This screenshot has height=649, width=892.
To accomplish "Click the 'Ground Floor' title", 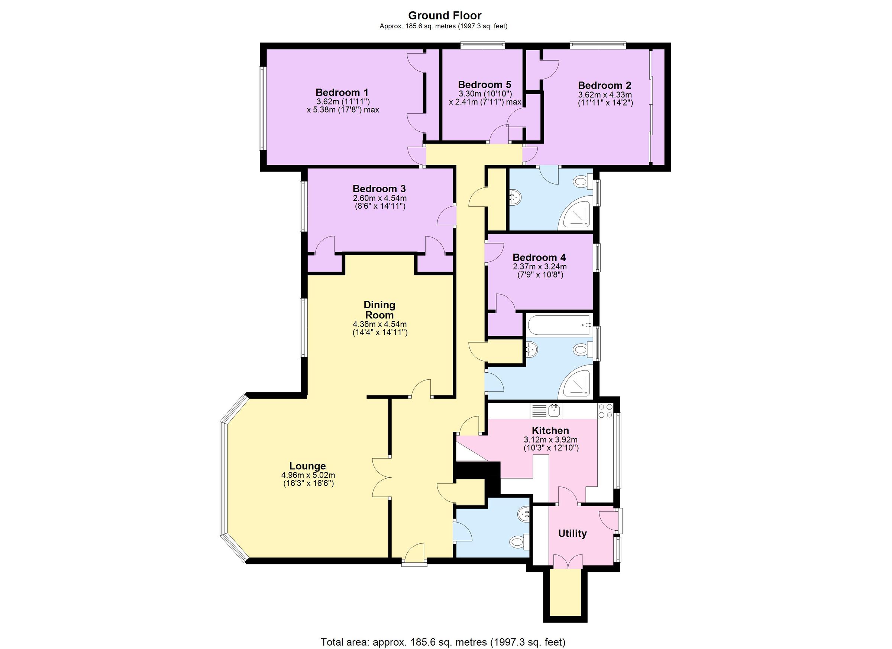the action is click(x=445, y=15).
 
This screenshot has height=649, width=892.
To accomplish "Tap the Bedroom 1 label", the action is click(x=342, y=93).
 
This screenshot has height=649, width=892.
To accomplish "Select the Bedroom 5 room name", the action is click(x=485, y=85).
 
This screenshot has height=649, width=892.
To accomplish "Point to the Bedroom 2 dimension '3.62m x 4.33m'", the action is click(x=605, y=95).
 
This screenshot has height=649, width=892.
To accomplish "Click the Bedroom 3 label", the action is click(x=379, y=189).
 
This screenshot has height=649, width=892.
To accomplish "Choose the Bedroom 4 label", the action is click(x=539, y=257).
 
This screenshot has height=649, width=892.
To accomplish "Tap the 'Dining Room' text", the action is click(x=379, y=310).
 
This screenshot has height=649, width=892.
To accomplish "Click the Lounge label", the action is click(x=308, y=466).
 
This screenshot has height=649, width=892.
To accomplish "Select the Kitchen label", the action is click(x=550, y=431).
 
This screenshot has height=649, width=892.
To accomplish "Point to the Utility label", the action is click(x=572, y=533).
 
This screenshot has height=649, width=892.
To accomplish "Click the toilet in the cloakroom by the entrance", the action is click(x=520, y=542).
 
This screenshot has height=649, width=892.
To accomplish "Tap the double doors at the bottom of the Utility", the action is click(x=568, y=561).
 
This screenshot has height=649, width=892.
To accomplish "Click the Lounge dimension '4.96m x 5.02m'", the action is click(x=308, y=475).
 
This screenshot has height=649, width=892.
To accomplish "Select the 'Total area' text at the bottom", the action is click(x=443, y=642).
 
